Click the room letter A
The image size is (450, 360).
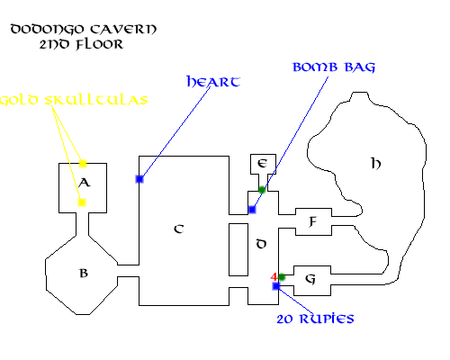(x=85, y=183)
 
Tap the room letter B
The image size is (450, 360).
(x=84, y=273)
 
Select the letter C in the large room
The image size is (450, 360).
(x=179, y=229)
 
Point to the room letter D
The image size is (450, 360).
(x=261, y=244)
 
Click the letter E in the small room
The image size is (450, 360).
(x=262, y=164)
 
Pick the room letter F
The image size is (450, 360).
(x=312, y=222)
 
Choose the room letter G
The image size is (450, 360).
(x=310, y=279)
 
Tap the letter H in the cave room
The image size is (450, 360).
(x=376, y=164)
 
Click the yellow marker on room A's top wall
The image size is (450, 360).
(x=83, y=164)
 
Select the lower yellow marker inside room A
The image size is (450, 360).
(x=82, y=202)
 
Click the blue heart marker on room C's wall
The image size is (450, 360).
(x=139, y=179)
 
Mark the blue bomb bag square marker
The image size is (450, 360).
(x=252, y=210)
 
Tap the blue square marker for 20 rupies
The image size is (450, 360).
(x=276, y=286)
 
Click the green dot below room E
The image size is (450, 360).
(x=262, y=190)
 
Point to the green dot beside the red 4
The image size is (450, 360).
(x=282, y=277)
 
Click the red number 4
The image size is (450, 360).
(x=274, y=276)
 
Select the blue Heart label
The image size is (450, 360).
(x=213, y=81)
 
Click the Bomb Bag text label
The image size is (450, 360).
(x=334, y=67)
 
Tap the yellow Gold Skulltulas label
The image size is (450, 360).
(x=74, y=100)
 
